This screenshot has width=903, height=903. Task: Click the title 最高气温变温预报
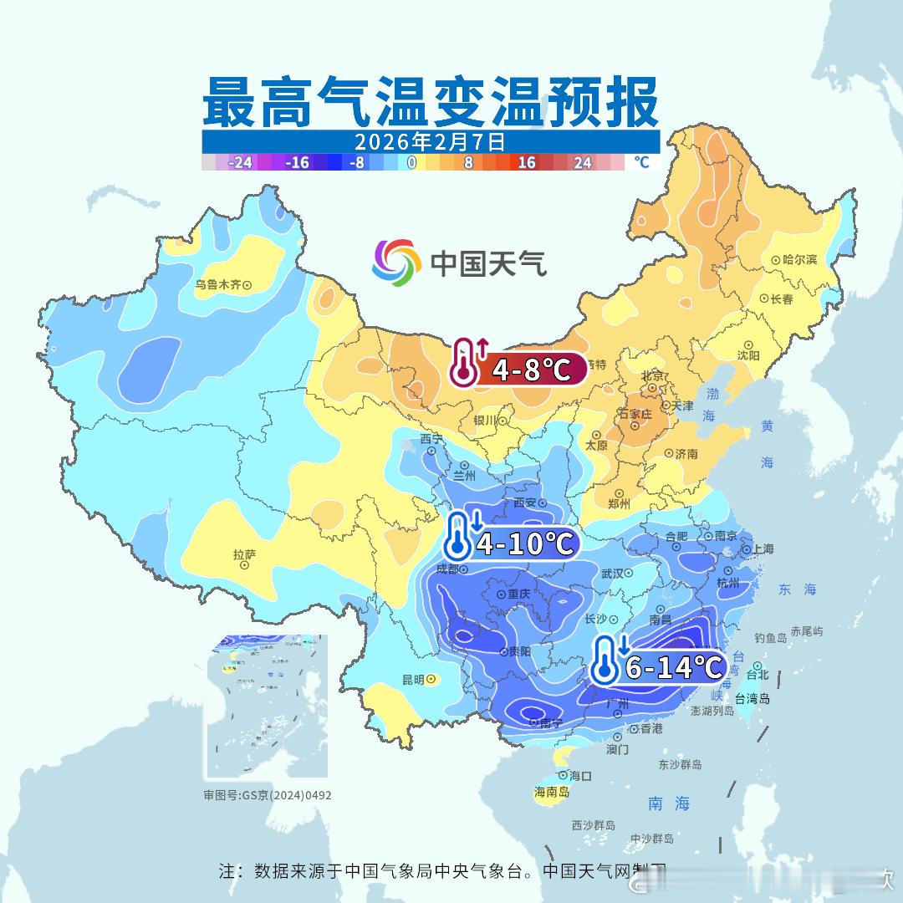coord(431,101)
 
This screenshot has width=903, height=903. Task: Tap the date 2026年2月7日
coord(430,141)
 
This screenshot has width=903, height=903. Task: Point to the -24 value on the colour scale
coord(240,163)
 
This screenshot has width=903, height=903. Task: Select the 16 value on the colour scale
coord(526,163)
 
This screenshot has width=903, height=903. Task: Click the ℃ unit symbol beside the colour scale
coord(641,162)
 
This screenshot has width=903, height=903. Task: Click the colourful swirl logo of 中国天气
coord(396,263)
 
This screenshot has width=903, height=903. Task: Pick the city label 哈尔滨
coord(799,260)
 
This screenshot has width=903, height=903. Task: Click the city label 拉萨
coord(244,554)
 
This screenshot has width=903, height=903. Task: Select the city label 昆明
coord(413,679)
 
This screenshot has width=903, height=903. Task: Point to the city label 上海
coord(763,548)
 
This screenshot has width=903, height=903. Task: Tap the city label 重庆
coord(519,594)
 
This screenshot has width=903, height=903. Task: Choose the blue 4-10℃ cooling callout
coord(512,544)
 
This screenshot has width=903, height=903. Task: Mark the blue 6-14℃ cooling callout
coord(658,666)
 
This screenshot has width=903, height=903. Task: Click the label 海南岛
coord(552,792)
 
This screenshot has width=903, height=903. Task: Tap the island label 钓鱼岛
coord(770,638)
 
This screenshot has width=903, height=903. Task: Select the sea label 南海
coord(669,804)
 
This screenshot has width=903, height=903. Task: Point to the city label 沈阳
coord(748,355)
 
